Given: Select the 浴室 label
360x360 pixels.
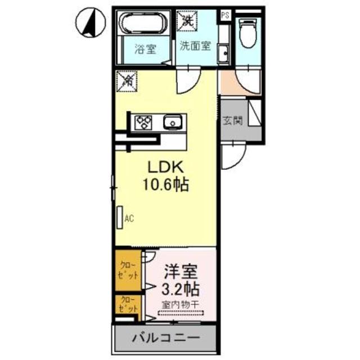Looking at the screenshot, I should (145, 49).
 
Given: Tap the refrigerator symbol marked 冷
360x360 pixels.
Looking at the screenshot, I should (127, 81).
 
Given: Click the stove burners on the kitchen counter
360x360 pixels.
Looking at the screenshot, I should (142, 122).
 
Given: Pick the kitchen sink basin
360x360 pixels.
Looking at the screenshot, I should (172, 121).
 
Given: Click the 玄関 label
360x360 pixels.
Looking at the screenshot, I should (232, 121).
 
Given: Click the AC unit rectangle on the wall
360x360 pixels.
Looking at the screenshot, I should (120, 218).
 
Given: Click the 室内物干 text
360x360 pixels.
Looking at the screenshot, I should (181, 305).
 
